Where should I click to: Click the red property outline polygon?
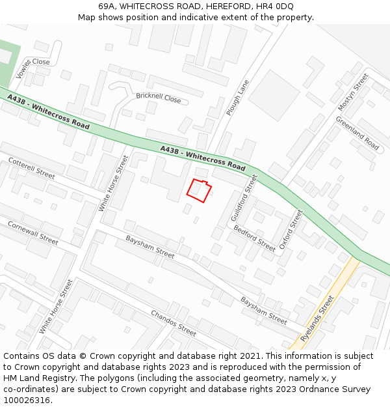pos(199,189)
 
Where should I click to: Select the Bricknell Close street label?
pos(159,98)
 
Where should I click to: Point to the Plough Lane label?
pos(238,98)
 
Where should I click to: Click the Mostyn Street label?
pos(353,91)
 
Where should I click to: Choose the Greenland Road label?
pos(357,133)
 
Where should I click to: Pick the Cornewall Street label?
pos(32,232)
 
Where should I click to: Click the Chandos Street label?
pos(174,323)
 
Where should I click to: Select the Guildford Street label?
pos(244,197)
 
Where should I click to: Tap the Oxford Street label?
pos(291,229)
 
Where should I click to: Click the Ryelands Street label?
pos(318,318)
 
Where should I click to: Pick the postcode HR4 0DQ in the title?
pos(276,6)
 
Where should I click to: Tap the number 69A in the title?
pos(107,6)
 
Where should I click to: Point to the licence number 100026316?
pos(27,400)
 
